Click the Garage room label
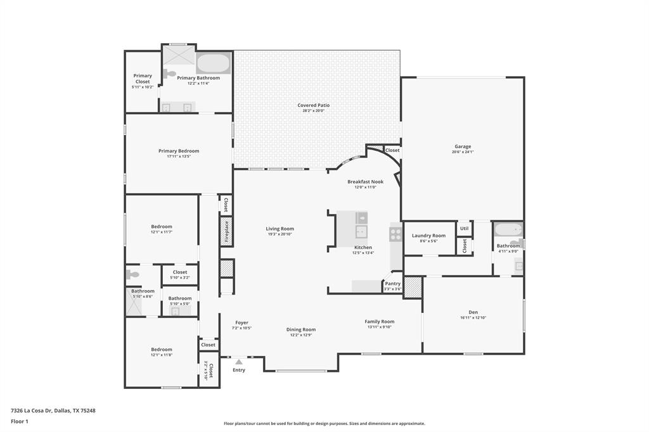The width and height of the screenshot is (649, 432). [462, 146]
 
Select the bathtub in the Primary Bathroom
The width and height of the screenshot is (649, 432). [214, 63]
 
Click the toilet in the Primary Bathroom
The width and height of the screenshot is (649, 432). [169, 74]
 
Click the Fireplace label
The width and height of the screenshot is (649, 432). [226, 231]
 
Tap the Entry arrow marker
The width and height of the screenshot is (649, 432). [239, 362]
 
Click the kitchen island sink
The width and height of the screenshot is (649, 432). [361, 231]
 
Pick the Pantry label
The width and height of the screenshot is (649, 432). [393, 284]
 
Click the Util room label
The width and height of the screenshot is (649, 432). [464, 229]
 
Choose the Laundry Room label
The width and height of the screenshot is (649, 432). [428, 236]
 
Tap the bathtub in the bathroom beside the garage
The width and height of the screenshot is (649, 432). [508, 230]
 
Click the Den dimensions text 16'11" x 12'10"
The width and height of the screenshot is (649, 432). [473, 318]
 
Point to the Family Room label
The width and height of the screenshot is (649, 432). [379, 322]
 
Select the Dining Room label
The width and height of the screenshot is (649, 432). [301, 329]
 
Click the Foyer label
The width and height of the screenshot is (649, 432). [242, 322]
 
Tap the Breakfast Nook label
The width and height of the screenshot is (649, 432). [362, 182]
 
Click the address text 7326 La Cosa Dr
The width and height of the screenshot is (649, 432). [31, 410]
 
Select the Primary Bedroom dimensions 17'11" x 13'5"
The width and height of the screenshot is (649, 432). [179, 156]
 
